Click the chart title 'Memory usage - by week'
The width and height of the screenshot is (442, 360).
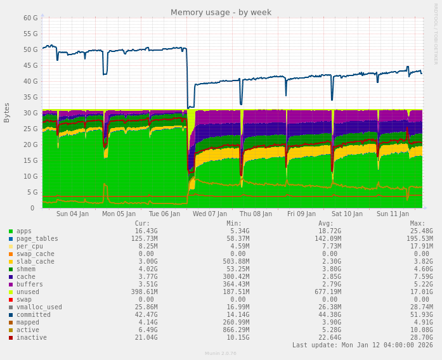tap(221, 13)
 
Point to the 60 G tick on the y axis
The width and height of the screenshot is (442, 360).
tap(30, 18)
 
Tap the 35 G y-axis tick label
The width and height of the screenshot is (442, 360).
tap(30, 97)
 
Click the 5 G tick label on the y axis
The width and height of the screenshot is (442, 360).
tap(32, 192)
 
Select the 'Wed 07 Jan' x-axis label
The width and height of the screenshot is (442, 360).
tap(209, 214)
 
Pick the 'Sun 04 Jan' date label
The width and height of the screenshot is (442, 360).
tap(72, 214)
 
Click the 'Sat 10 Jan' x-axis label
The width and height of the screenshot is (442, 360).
tap(347, 214)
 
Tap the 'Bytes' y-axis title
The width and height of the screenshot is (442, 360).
tap(7, 112)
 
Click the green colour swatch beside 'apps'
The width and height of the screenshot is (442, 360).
tap(11, 231)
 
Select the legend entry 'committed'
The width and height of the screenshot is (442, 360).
tap(33, 315)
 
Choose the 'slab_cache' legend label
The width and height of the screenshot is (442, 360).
tap(35, 262)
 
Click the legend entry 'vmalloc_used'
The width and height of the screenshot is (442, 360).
tap(39, 307)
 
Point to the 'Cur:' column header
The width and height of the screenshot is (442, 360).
tap(142, 224)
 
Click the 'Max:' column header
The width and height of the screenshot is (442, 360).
tap(417, 224)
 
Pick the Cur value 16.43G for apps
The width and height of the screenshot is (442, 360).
tap(146, 231)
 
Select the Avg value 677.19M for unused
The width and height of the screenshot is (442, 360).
tap(328, 292)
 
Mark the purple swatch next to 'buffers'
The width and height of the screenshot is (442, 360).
tap(11, 285)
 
